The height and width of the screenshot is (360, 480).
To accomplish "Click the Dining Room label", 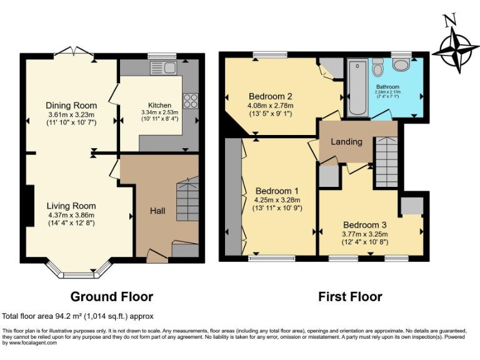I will [x=71, y=105].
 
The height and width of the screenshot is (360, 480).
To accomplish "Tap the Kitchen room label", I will [x=159, y=105].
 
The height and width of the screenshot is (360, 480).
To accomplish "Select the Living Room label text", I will [x=71, y=206].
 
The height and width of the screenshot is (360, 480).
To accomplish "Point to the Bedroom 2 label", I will [x=271, y=96].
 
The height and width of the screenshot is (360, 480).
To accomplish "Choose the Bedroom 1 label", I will [x=276, y=191].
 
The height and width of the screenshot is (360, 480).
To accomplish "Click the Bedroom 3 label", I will [x=364, y=224].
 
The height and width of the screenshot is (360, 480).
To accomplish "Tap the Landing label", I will [x=346, y=142].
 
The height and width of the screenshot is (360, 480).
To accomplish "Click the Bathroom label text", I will [x=387, y=87].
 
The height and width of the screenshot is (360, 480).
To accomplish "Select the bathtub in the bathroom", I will [x=357, y=87].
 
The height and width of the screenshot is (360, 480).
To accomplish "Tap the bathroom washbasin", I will [x=377, y=66].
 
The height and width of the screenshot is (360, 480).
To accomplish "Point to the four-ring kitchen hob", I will [x=190, y=100].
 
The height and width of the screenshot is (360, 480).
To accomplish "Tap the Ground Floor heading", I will [x=111, y=296].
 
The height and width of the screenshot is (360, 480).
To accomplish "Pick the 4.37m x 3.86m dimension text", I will [x=71, y=216].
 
